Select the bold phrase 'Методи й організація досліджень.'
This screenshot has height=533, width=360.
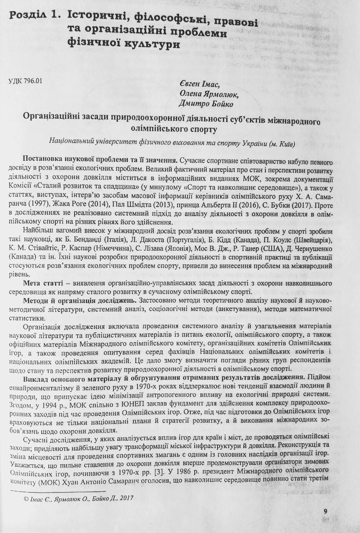coord(80,300)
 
